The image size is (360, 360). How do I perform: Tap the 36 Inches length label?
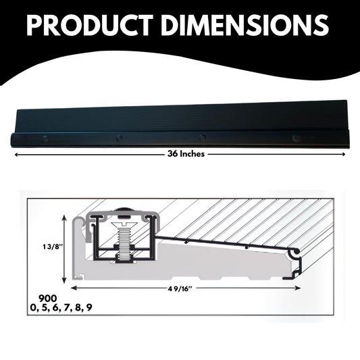[x=186, y=154]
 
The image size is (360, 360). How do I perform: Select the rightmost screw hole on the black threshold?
[x=294, y=138]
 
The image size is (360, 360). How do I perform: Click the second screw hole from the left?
[x=119, y=138]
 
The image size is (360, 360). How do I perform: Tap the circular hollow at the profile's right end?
[x=294, y=253]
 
